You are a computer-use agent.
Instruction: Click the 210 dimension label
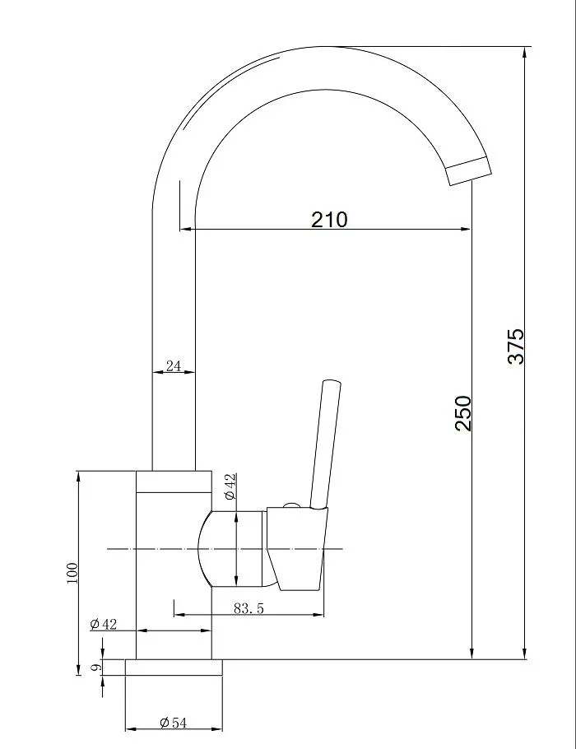point(329,219)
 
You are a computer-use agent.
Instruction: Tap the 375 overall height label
point(516,347)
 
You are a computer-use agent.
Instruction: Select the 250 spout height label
point(462,413)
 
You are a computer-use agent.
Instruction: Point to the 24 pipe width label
point(174,365)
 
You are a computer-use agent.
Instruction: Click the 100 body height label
point(72,573)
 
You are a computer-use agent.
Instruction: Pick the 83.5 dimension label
point(249,608)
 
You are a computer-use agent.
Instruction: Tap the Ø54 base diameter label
point(173,723)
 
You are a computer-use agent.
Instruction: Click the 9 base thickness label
point(97,667)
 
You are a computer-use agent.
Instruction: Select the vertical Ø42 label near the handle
point(230,486)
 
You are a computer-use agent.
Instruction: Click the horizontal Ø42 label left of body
point(103,624)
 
